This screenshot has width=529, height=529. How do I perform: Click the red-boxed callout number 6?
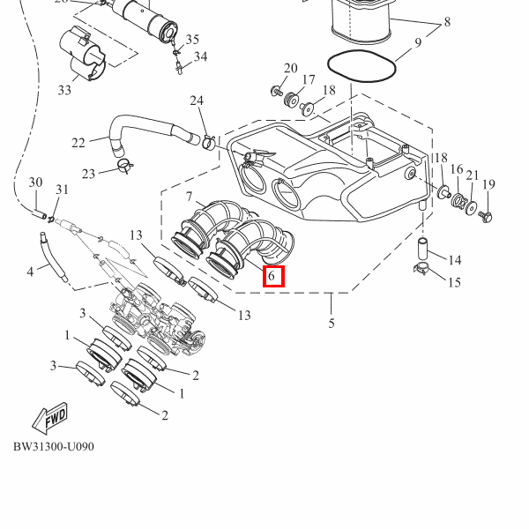pos(272,277)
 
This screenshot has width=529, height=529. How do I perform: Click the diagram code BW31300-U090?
pos(53,446)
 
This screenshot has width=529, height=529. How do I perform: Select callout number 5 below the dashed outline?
pos(332,324)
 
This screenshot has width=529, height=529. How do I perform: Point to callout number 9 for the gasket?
pos(418,42)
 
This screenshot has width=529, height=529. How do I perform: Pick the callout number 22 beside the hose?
pos(78,143)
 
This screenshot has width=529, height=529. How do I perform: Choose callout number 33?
pos(64,90)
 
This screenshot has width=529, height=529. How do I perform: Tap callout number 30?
pos(35,183)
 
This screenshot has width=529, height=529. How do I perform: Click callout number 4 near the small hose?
pos(30,271)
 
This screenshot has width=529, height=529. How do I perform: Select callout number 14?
pos(455,260)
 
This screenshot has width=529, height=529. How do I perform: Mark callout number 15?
pos(454,282)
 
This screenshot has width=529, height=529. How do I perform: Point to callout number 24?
pos(196,101)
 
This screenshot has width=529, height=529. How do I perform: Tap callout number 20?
pos(291,69)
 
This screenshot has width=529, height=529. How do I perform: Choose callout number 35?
pos(192,40)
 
